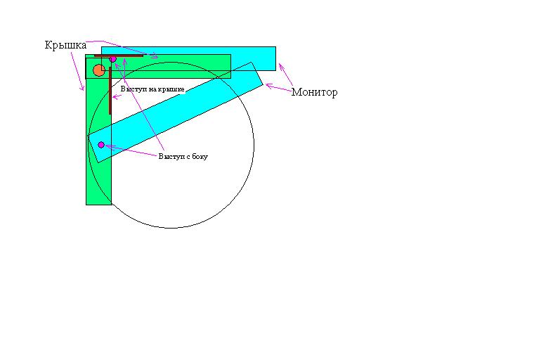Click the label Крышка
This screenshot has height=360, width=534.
pyautogui.click(x=65, y=45)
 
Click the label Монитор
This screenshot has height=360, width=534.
pyautogui.click(x=314, y=92)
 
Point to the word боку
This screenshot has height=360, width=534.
pyautogui.click(x=200, y=157)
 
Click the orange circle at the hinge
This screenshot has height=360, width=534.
pyautogui.click(x=99, y=70)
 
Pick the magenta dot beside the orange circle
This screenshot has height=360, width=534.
pyautogui.click(x=112, y=59)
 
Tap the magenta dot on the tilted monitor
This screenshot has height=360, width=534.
pyautogui.click(x=101, y=145)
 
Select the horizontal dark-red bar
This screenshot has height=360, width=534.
pyautogui.click(x=119, y=56)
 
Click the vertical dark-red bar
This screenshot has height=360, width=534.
pyautogui.click(x=110, y=91)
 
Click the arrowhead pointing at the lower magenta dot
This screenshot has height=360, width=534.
pyautogui.click(x=108, y=146)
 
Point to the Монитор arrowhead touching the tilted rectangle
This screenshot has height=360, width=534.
pyautogui.click(x=268, y=86)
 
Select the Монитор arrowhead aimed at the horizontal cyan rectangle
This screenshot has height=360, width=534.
pyautogui.click(x=281, y=67)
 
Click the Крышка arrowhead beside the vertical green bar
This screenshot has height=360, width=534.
pyautogui.click(x=82, y=89)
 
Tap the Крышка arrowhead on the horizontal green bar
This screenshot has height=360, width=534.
pyautogui.click(x=155, y=56)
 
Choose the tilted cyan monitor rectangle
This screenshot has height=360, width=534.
pyautogui.click(x=176, y=112)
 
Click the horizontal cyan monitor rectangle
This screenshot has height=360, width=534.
pyautogui.click(x=189, y=58)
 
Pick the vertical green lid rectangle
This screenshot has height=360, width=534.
pyautogui.click(x=99, y=130)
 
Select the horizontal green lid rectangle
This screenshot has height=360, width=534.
pyautogui.click(x=158, y=67)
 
